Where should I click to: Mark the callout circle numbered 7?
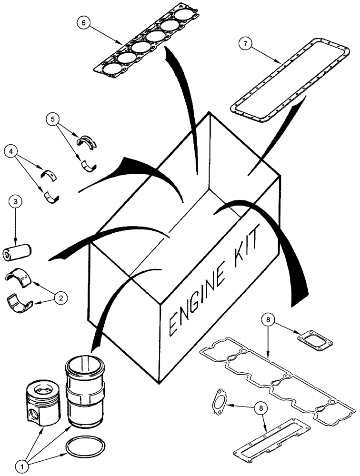tap(245, 44)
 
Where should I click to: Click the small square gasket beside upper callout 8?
tap(315, 338)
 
